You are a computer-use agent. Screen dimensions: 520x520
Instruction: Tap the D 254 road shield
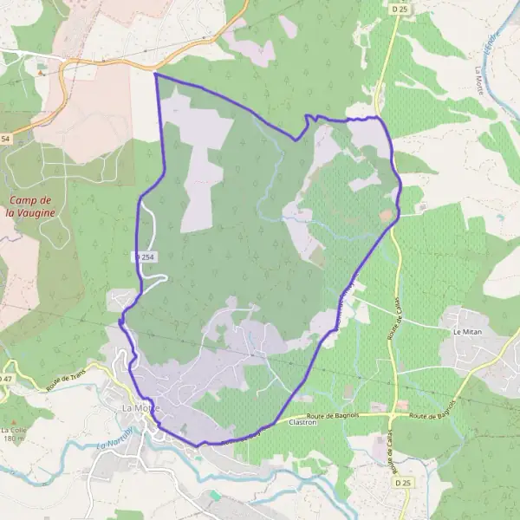point(145,257)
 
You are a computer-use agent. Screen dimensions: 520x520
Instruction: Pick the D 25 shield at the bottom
point(401,482)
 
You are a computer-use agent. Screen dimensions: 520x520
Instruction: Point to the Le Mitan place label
point(466,332)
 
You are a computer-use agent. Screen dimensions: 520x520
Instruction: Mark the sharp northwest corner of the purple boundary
point(155,75)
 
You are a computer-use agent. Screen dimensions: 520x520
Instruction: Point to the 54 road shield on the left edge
point(5,140)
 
